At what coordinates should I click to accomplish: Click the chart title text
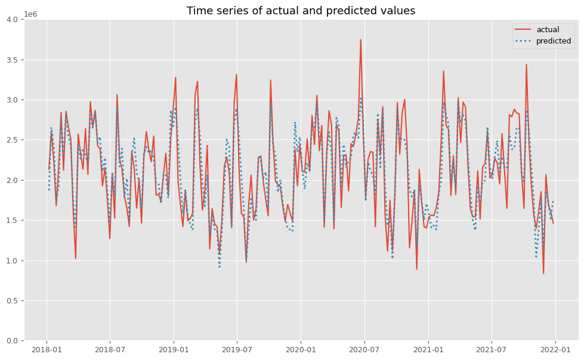pos(301,11)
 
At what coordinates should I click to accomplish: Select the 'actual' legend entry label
pos(548,29)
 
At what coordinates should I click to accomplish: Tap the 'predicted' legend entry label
pos(554,41)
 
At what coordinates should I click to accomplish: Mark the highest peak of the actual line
pos(360,40)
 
